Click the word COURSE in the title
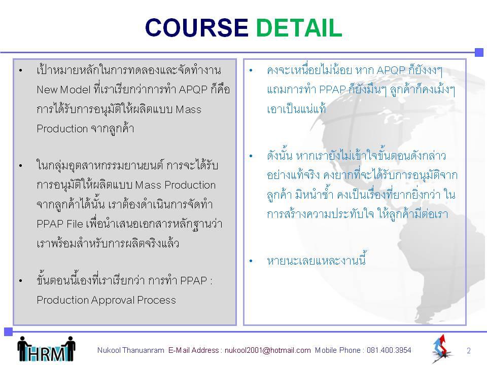[196, 27]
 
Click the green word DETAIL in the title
[299, 27]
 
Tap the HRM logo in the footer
[46, 349]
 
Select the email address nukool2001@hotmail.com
[267, 350]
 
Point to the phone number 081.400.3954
[389, 350]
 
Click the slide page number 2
[469, 351]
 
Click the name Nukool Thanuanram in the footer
[131, 350]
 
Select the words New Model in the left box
[63, 90]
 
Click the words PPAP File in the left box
[60, 224]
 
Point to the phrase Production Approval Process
[106, 300]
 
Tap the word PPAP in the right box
[332, 90]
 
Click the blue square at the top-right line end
[479, 52]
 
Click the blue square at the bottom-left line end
[9, 332]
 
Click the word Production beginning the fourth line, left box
[62, 128]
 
